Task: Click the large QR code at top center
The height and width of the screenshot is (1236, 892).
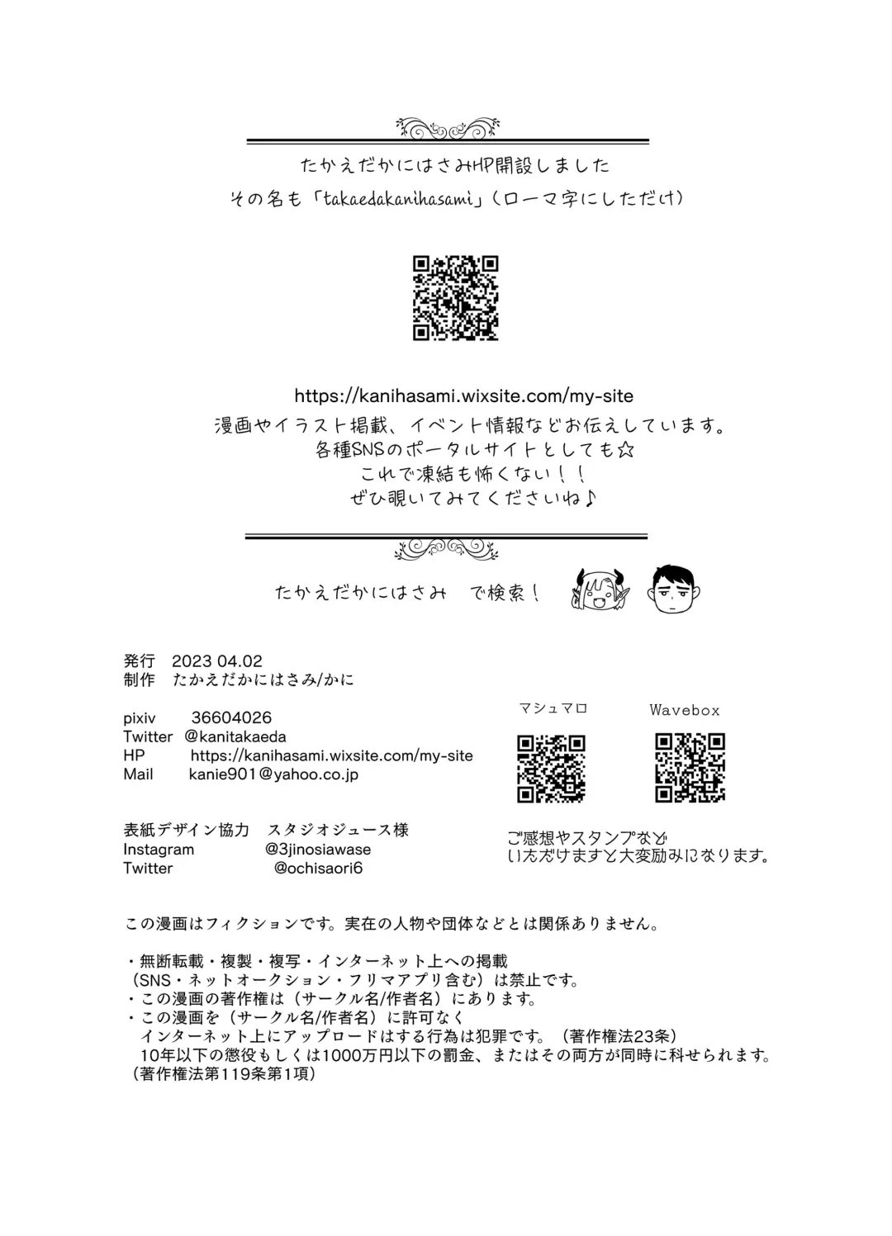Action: pyautogui.click(x=455, y=298)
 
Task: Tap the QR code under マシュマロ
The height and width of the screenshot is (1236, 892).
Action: pyautogui.click(x=551, y=768)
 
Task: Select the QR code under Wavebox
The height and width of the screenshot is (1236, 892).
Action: pyautogui.click(x=690, y=768)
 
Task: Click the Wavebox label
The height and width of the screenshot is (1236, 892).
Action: pyautogui.click(x=684, y=710)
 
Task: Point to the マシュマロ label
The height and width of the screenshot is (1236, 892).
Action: pyautogui.click(x=553, y=708)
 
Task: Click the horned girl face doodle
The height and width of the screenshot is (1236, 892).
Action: pyautogui.click(x=600, y=590)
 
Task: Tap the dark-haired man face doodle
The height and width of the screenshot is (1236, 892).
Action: pyautogui.click(x=675, y=589)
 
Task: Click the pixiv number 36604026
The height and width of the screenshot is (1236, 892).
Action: pyautogui.click(x=231, y=718)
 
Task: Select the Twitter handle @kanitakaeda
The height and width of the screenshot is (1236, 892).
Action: pyautogui.click(x=235, y=736)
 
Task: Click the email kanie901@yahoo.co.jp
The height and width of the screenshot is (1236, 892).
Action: pyautogui.click(x=273, y=774)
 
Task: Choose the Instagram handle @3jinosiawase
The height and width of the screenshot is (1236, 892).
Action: pyautogui.click(x=318, y=849)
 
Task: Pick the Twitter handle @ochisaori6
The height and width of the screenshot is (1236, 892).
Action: pyautogui.click(x=318, y=868)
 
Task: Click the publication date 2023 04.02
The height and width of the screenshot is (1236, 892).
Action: pyautogui.click(x=217, y=661)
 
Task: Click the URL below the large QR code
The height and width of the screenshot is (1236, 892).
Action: pyautogui.click(x=463, y=395)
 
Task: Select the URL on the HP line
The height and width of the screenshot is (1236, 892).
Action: pyautogui.click(x=331, y=755)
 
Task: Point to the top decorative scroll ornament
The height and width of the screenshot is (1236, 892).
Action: pyautogui.click(x=447, y=128)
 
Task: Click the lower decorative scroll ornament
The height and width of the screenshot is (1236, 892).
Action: pyautogui.click(x=447, y=549)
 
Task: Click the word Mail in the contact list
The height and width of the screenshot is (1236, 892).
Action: pyautogui.click(x=138, y=774)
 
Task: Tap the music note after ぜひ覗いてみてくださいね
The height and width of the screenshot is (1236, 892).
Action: pyautogui.click(x=591, y=499)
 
